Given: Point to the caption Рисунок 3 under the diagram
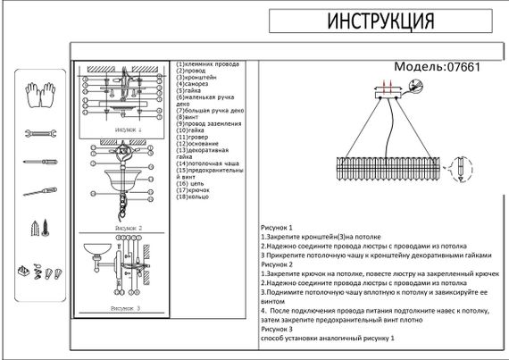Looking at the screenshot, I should coord(126,308).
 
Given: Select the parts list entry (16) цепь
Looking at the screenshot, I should coord(194,181).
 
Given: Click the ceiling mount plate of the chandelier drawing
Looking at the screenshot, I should coord(387,98).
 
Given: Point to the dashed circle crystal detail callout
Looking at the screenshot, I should coord(460,169).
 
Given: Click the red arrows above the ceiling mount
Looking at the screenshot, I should coord(387,87).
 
